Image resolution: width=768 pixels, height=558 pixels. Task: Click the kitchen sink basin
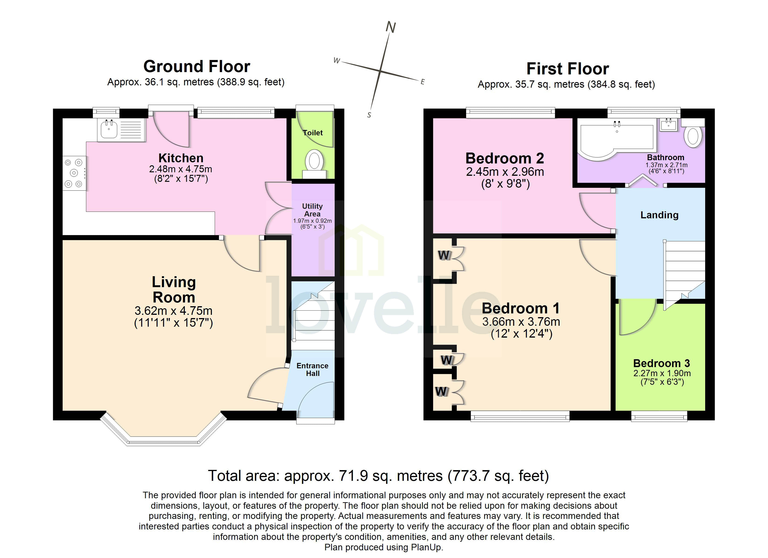pos(109,129)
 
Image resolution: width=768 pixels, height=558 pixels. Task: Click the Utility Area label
pos(312,210)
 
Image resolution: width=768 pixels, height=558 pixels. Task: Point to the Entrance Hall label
pos(312,369)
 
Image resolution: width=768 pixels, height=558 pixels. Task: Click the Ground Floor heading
pos(196,66)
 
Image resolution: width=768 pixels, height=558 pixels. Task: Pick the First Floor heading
pos(568,69)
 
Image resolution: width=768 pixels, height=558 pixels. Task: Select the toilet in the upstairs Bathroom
pos(693,135)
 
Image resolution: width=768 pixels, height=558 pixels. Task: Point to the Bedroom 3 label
pos(661,363)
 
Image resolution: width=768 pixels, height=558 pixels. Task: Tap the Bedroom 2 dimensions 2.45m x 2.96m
pos(505,172)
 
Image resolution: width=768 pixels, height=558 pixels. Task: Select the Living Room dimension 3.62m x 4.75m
pos(173,311)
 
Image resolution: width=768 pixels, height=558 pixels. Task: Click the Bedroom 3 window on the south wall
pos(659,417)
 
